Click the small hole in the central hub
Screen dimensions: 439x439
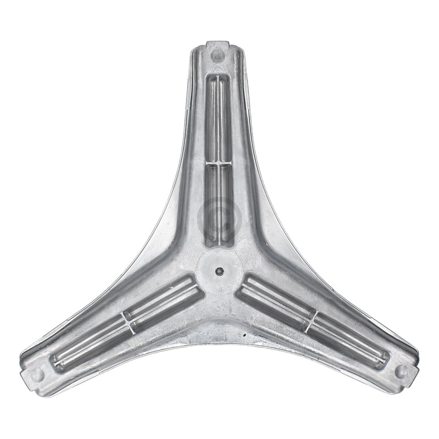click(x=219, y=270)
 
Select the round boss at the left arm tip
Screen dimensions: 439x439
click(x=37, y=374)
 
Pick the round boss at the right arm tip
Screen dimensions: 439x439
click(x=401, y=371)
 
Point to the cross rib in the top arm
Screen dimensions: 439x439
click(x=218, y=163)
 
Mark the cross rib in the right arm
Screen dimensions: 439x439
click(x=311, y=319)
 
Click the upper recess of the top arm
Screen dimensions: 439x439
click(x=218, y=118)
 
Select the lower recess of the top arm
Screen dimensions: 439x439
click(x=218, y=203)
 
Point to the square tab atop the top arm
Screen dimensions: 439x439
click(x=218, y=44)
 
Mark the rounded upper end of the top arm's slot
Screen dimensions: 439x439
click(x=218, y=78)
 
